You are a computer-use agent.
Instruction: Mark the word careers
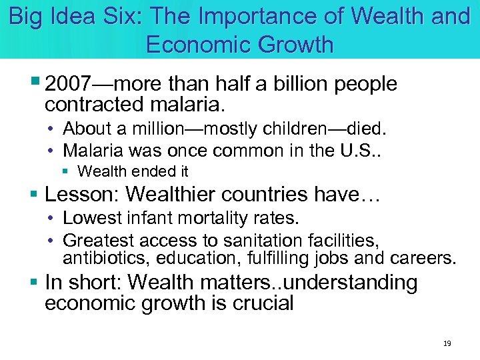coord(421,257)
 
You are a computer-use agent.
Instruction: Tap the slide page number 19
coord(447,344)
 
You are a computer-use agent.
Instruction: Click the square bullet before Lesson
coord(35,194)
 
